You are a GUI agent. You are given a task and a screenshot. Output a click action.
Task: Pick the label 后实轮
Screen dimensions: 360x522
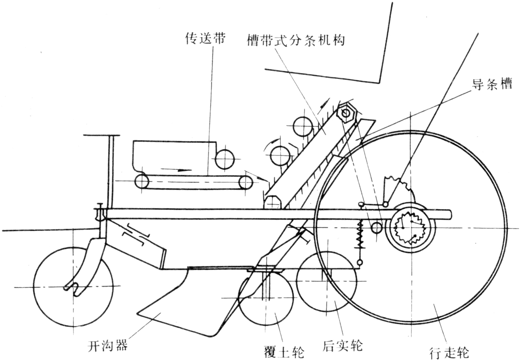(343, 346)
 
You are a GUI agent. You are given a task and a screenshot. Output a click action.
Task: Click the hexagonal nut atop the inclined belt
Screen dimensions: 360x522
(347, 113)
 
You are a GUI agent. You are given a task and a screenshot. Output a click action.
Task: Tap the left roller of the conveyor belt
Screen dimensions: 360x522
(142, 181)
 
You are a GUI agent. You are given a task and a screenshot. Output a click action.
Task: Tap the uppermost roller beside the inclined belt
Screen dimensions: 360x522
(302, 127)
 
